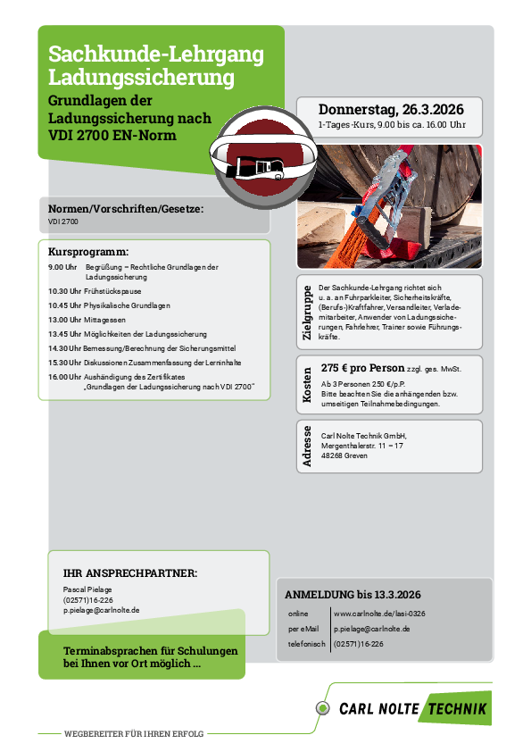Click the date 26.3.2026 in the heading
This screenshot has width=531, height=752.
pos(434,109)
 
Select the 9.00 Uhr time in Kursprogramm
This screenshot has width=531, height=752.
pos(62,267)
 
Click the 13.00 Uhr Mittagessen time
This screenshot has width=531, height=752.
pos(64,319)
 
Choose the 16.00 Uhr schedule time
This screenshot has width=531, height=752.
pos(64,377)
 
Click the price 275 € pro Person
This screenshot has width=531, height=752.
pos(361,367)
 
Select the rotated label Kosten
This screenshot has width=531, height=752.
pos(307,384)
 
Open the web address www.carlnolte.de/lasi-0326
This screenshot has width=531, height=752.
pos(379,614)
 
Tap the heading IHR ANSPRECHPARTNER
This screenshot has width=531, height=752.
pos(130,572)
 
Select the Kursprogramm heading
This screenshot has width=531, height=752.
pos(87,252)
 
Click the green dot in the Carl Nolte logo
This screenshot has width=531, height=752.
pos(322,708)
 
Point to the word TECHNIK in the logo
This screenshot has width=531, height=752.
pos(457,709)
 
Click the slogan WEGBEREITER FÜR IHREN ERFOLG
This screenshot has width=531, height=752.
pos(134,734)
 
